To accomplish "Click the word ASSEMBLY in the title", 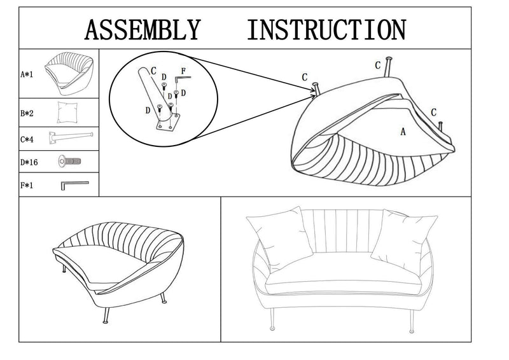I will (x=143, y=29).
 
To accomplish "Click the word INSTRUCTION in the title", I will (x=326, y=29).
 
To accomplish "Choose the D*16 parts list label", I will (x=29, y=162).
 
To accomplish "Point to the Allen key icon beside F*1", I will (x=74, y=184).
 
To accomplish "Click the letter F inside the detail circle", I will (x=183, y=70).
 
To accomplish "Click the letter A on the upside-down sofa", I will (x=403, y=132).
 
